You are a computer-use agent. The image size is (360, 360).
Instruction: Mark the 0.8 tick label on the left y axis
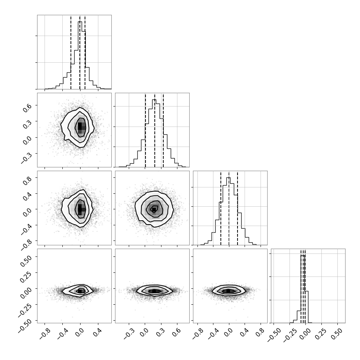[x=27, y=180]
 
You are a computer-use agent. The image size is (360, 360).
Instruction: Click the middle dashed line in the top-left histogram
[x=80, y=52]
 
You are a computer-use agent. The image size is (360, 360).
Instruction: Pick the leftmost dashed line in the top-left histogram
[x=71, y=52]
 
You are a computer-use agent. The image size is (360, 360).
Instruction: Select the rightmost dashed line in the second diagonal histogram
[x=163, y=130]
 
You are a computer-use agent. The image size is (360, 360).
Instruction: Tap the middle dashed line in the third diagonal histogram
[x=229, y=208]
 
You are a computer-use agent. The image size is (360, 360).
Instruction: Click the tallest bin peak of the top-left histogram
[x=80, y=22]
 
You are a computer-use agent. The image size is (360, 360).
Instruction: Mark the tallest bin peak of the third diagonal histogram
[x=228, y=177]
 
